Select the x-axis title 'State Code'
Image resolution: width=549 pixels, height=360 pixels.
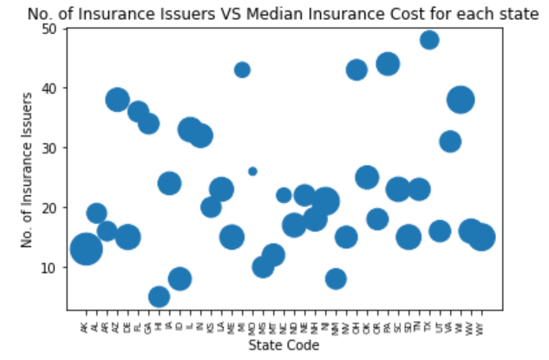(284, 345)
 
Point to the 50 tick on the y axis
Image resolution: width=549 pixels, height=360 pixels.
(51, 29)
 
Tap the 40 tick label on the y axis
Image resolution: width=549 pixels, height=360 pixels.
(51, 88)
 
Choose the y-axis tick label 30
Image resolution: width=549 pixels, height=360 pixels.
(51, 148)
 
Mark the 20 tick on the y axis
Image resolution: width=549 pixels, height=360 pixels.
(51, 208)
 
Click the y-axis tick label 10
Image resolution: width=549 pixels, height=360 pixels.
(51, 268)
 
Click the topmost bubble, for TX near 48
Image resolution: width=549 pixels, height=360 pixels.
(429, 40)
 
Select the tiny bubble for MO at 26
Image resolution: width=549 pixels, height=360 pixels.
(252, 172)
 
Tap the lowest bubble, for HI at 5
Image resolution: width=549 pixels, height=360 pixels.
(159, 298)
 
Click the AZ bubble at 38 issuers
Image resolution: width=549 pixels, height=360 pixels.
(118, 100)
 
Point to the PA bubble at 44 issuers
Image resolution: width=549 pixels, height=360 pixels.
(388, 64)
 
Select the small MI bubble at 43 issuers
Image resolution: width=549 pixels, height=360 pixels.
(242, 70)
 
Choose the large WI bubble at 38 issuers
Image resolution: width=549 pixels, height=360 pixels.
(461, 100)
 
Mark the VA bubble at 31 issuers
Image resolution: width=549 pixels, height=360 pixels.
(450, 141)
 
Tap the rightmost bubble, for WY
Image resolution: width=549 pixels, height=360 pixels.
(481, 237)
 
